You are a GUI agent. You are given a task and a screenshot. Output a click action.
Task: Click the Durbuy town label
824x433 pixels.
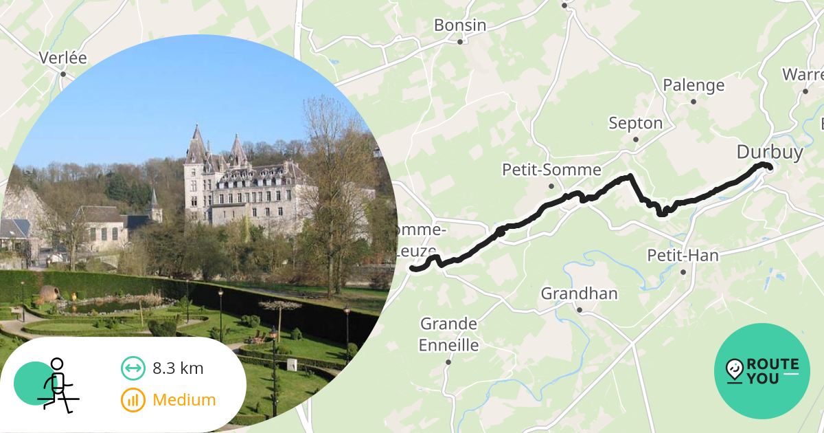(769, 152)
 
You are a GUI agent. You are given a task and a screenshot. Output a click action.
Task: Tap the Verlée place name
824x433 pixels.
(62, 58)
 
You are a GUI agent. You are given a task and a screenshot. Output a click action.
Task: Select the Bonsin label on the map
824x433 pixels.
(459, 25)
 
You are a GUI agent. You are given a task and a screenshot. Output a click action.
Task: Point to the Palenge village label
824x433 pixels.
(693, 85)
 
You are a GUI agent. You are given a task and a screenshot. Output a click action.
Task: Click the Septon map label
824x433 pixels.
(635, 124)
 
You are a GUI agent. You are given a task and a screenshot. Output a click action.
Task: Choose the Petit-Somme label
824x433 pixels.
(551, 170)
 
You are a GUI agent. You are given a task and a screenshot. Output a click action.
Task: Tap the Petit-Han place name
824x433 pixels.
(683, 256)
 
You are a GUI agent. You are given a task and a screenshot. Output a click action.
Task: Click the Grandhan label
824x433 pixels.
(579, 294)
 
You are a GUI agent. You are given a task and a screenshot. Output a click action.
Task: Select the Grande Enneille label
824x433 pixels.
(448, 333)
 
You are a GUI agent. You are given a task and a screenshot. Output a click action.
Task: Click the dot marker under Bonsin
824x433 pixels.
(460, 42)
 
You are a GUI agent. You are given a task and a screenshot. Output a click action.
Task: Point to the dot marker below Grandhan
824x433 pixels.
(580, 310)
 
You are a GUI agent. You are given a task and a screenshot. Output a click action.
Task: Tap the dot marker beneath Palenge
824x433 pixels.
(694, 102)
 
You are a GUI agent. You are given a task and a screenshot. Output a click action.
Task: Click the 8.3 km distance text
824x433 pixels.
(178, 368)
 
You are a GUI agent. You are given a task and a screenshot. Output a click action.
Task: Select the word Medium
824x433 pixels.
(184, 400)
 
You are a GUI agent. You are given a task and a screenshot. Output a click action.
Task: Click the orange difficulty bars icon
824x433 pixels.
(133, 400)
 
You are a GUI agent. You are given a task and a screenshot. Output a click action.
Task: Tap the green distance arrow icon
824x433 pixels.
(133, 368)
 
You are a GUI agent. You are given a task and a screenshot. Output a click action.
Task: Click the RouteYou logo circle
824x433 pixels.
(762, 371)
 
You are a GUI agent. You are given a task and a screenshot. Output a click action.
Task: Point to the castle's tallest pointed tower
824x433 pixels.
(196, 141)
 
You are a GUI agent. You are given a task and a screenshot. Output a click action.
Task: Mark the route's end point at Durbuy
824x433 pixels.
(770, 167)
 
